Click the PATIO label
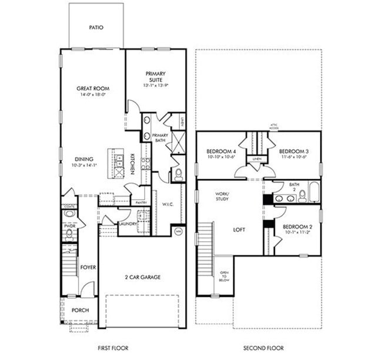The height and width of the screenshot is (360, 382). coord(97,27)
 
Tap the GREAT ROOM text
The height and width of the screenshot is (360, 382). coord(93,89)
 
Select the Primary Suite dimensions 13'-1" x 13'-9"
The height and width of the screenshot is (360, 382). coord(156,86)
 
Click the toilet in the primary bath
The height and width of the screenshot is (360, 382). coord(178,174)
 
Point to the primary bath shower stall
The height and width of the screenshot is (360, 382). coord(178,143)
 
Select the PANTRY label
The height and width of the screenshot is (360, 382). coord(140,203)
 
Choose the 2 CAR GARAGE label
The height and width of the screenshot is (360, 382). coord(142,277)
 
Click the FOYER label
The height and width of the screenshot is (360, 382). coord(88,267)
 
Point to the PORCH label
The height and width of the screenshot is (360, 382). coord(80,310)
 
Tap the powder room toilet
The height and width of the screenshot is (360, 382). coord(69,234)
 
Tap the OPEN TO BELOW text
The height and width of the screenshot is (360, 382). coord(224,277)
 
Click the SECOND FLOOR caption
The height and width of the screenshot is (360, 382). coord(259,348)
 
